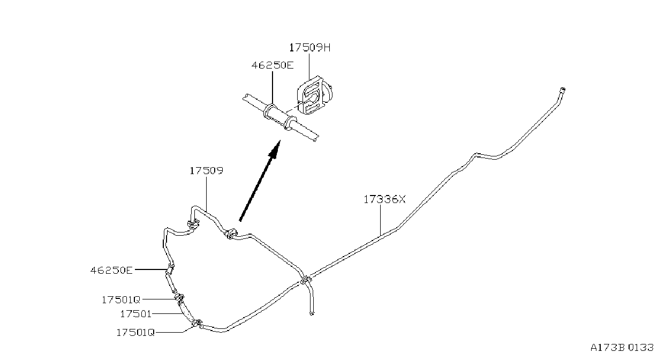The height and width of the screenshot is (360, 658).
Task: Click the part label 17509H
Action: (x=309, y=47)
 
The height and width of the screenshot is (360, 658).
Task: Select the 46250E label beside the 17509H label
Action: (x=273, y=65)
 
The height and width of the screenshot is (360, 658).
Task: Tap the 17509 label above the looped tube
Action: (x=206, y=171)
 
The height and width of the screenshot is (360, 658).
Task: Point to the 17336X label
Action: (x=384, y=199)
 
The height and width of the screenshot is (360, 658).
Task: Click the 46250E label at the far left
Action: (x=111, y=270)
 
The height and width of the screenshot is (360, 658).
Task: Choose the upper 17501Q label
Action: (x=120, y=300)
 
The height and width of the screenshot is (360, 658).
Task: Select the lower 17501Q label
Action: (x=135, y=332)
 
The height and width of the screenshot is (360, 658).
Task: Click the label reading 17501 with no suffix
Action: (x=135, y=314)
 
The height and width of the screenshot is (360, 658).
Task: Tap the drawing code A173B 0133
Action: (x=622, y=348)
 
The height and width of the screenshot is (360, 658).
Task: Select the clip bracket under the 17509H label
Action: (x=314, y=95)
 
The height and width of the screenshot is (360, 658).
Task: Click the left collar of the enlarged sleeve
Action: (x=269, y=112)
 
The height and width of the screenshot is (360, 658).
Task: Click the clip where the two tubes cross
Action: (x=306, y=280)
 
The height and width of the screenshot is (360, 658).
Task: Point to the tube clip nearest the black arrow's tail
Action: (x=231, y=233)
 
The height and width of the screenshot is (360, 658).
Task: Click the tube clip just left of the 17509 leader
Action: (x=193, y=224)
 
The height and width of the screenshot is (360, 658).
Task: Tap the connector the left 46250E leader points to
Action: (x=170, y=269)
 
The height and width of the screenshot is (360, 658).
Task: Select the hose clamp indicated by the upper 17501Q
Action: (x=179, y=298)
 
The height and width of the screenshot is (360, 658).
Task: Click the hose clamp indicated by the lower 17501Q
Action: (x=198, y=324)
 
